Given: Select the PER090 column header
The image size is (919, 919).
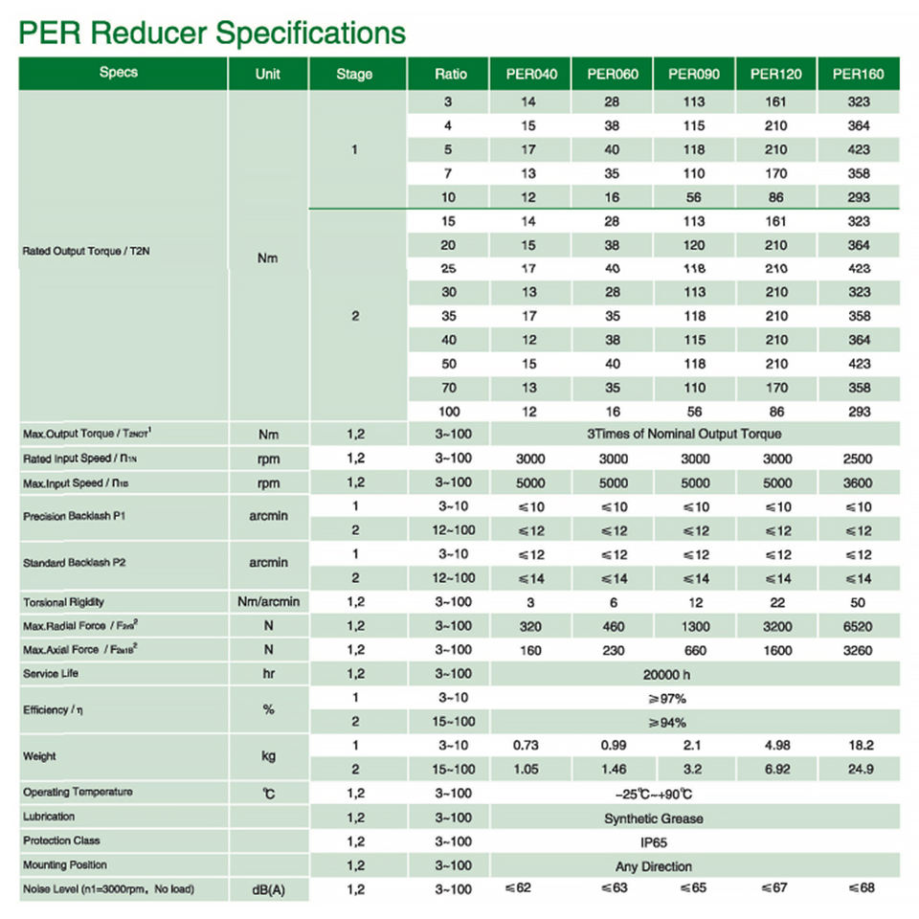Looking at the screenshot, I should click(695, 74).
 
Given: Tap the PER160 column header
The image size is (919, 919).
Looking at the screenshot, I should click(859, 74).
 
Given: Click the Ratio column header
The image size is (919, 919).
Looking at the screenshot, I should click(450, 74).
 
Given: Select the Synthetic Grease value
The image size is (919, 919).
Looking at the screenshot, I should click(654, 818).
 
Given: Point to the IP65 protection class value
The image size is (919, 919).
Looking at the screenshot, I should click(654, 842).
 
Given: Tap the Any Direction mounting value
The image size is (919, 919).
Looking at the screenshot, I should click(654, 866).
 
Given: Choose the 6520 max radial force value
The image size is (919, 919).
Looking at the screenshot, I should click(859, 626).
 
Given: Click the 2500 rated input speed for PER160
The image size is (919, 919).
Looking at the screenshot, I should click(859, 459).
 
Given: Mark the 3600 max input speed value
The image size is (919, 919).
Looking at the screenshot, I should click(859, 482).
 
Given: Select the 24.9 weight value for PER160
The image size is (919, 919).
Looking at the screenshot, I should click(859, 769).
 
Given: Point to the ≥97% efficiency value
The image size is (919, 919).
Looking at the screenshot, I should click(667, 699).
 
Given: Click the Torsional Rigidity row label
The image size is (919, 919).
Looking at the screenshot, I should click(63, 602).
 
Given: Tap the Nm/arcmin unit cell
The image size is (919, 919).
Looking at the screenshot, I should click(269, 602).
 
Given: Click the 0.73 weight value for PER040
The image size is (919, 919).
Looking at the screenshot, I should click(529, 745).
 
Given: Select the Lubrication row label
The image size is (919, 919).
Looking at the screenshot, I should click(49, 817).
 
